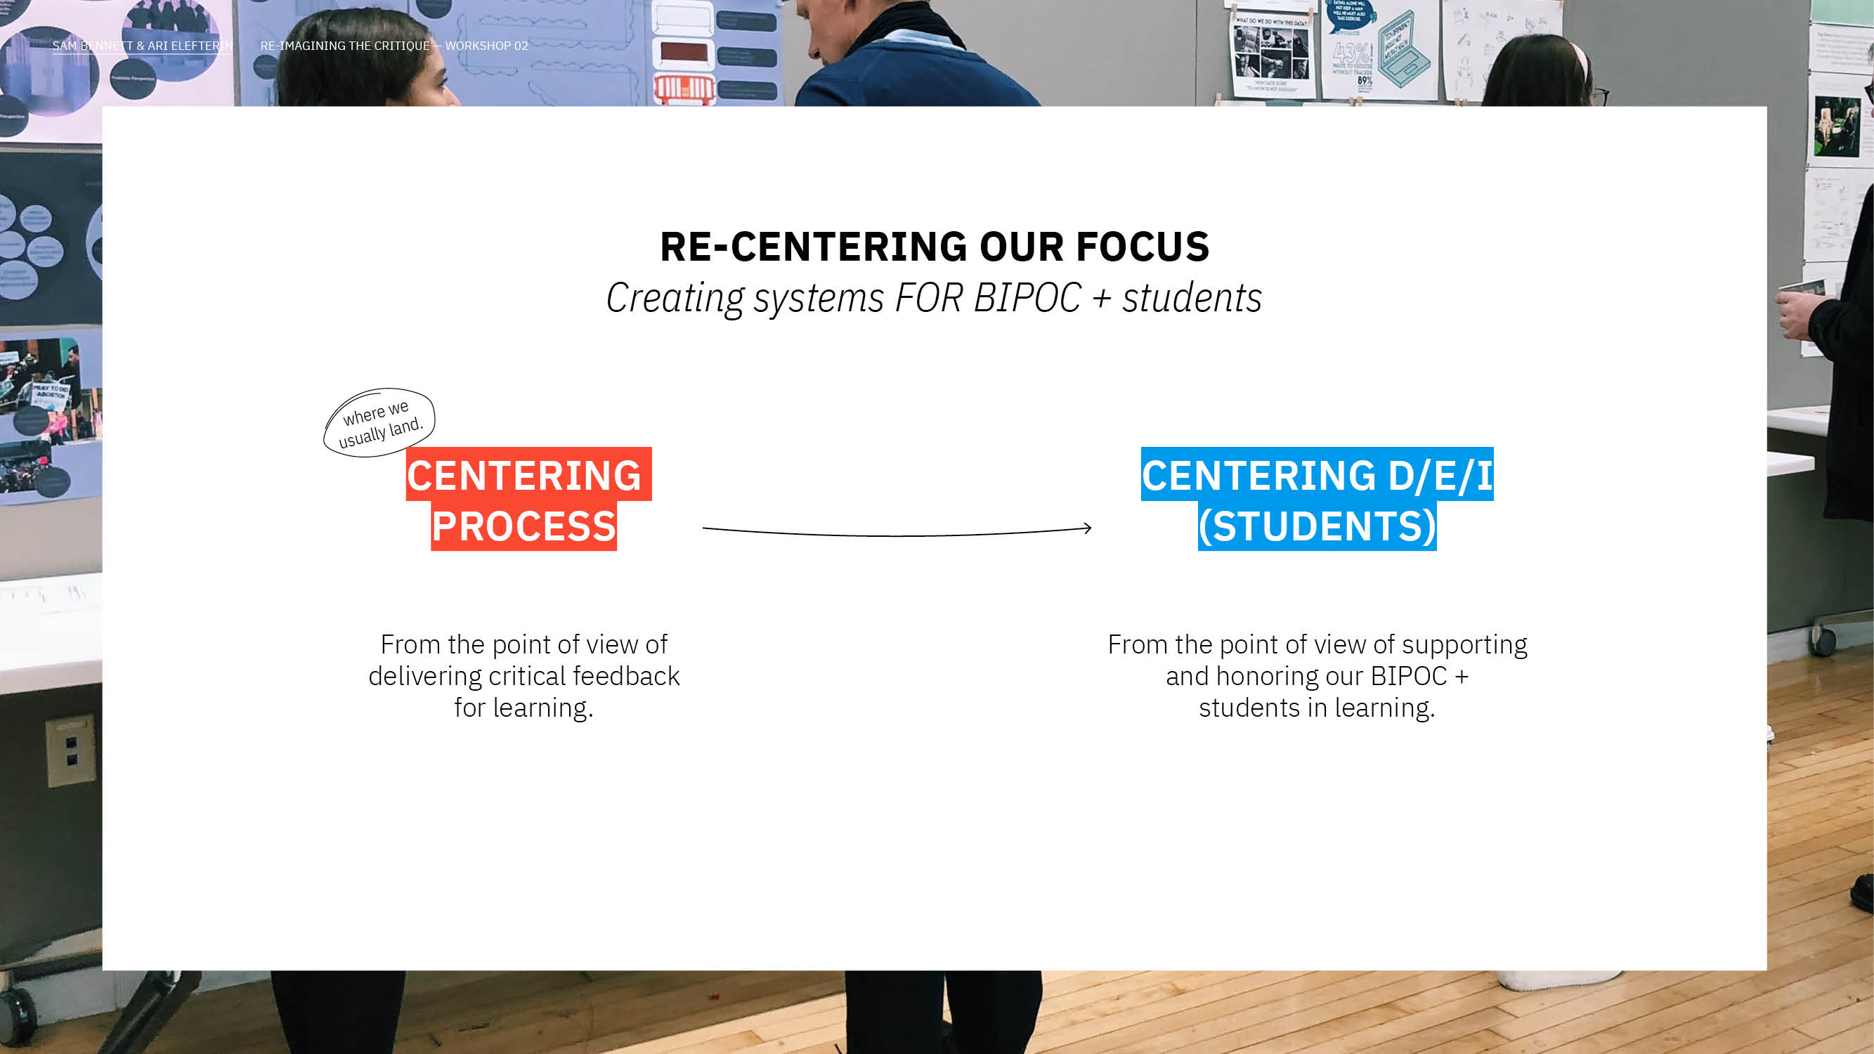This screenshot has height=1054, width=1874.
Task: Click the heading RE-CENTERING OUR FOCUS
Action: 935,247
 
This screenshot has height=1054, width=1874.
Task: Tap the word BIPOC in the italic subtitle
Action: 1027,297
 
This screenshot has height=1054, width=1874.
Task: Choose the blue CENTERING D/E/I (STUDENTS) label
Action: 1317,499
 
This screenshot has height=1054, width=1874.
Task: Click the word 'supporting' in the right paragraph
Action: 1464,646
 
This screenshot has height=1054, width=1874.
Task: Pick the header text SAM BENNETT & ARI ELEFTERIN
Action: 143,46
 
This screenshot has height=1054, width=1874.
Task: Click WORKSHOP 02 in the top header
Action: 487,46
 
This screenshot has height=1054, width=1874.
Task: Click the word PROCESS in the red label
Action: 523,526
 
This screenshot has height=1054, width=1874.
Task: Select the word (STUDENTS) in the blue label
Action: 1317,526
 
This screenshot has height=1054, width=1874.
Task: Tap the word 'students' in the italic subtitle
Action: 1192,297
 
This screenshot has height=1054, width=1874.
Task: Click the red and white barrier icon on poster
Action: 684,89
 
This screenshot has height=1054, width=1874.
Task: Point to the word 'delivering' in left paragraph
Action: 426,677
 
